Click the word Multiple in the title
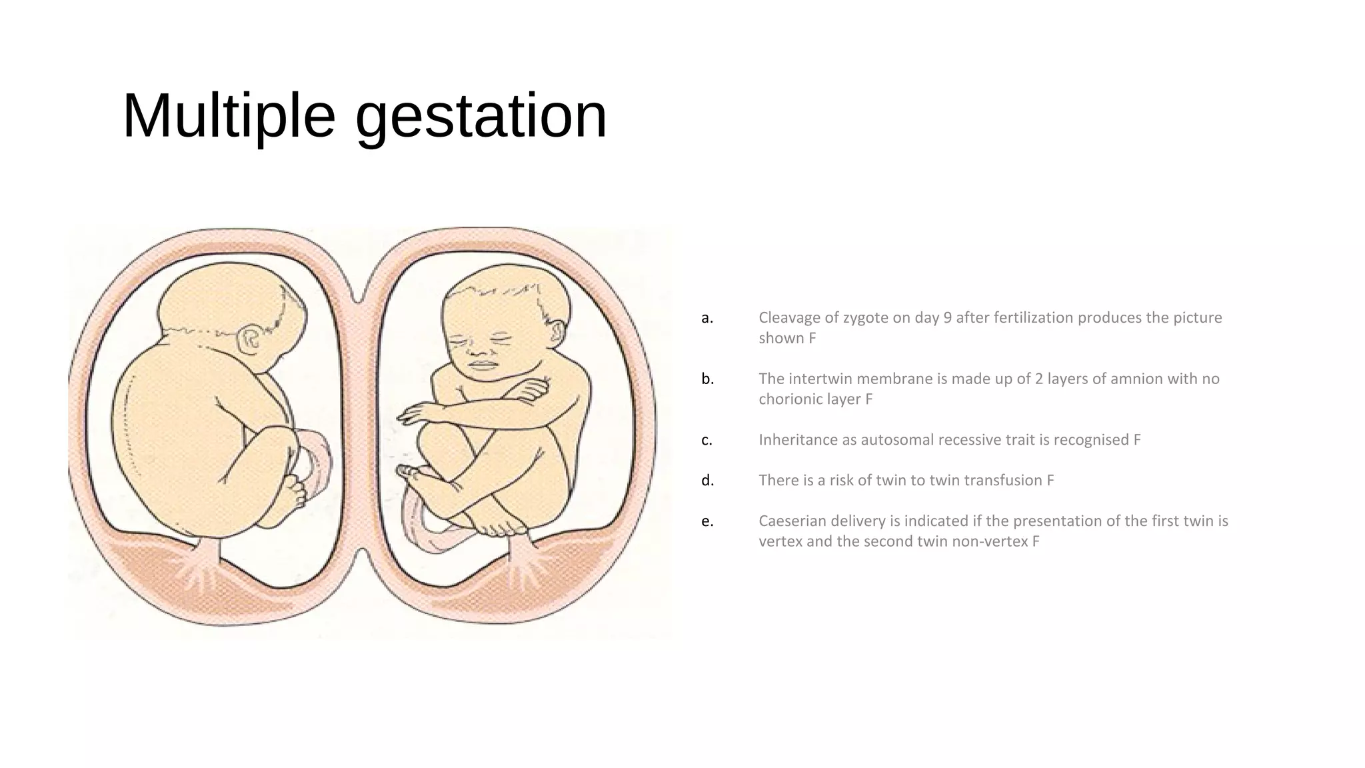(229, 115)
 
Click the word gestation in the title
(481, 115)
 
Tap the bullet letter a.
(707, 318)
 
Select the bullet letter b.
(707, 379)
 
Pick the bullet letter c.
(706, 440)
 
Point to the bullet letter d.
(707, 481)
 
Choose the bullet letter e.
(707, 521)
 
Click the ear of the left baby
(251, 339)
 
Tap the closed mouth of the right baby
(482, 365)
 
